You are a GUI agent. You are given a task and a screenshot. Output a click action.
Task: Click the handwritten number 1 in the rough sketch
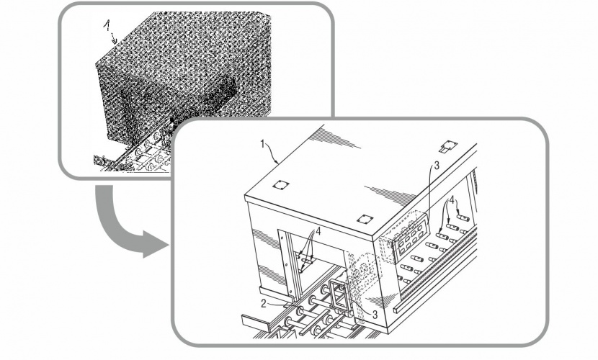[107, 25]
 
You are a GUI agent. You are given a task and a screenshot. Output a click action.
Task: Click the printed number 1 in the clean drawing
[263, 144]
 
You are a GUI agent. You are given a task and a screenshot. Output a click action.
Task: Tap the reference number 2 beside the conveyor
[264, 304]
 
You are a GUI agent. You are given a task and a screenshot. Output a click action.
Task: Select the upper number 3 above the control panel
[437, 166]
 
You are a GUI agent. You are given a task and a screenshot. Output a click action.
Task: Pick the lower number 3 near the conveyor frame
[375, 315]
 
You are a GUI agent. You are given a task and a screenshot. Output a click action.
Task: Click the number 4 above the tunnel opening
[318, 231]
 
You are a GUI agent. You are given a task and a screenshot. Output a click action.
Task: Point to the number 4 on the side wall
[452, 199]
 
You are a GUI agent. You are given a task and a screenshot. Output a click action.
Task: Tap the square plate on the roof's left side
[280, 185]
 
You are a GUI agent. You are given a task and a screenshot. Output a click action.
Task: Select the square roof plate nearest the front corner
[365, 220]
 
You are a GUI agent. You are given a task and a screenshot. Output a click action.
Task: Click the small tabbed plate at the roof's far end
[448, 146]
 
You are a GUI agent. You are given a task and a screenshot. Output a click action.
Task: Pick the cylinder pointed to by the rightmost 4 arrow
[463, 217]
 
